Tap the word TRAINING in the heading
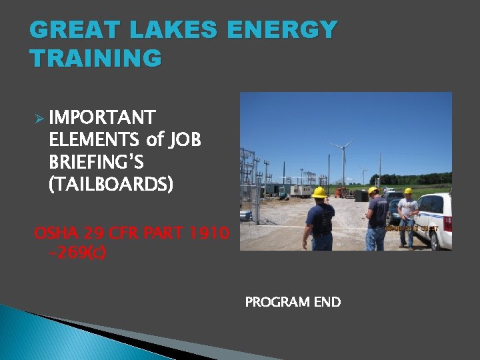pos(95,59)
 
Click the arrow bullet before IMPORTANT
pos(39,119)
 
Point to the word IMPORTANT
pos(102,118)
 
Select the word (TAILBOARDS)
pos(111,184)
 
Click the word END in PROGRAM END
pos(327,302)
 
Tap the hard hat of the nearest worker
pos(319,193)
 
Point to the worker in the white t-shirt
pos(407,213)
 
